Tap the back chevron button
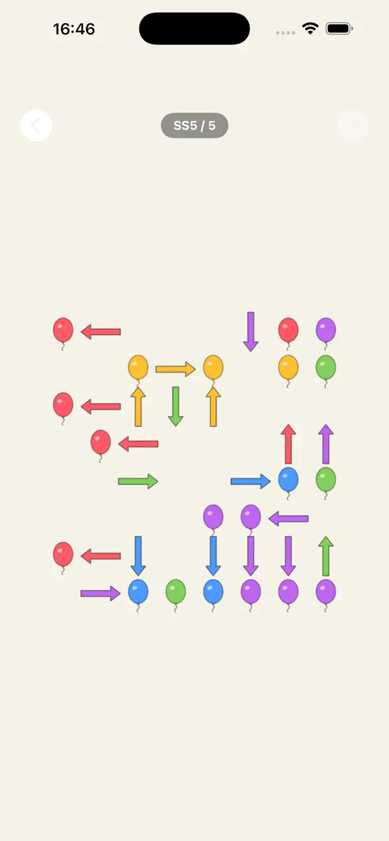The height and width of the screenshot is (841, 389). [36, 126]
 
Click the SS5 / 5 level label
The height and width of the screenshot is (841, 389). [194, 126]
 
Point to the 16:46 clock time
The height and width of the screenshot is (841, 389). [74, 29]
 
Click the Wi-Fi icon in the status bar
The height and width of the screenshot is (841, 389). [310, 29]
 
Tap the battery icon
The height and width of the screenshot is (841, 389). [339, 29]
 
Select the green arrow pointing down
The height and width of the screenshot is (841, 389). [176, 407]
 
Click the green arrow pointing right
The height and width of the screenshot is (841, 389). [138, 481]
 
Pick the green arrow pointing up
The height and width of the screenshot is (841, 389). [326, 556]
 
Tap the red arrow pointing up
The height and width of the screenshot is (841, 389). [289, 444]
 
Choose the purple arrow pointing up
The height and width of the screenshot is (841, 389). [326, 444]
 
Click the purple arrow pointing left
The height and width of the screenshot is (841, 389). [289, 519]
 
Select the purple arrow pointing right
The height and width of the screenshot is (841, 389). [100, 593]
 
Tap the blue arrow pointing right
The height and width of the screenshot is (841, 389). [251, 481]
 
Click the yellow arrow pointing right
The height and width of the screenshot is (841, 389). [176, 369]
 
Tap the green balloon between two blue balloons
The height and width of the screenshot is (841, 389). [176, 592]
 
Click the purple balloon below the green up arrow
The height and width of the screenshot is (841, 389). [326, 592]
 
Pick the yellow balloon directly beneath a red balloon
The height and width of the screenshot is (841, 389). [289, 367]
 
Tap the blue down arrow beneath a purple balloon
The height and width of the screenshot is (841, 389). [213, 556]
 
